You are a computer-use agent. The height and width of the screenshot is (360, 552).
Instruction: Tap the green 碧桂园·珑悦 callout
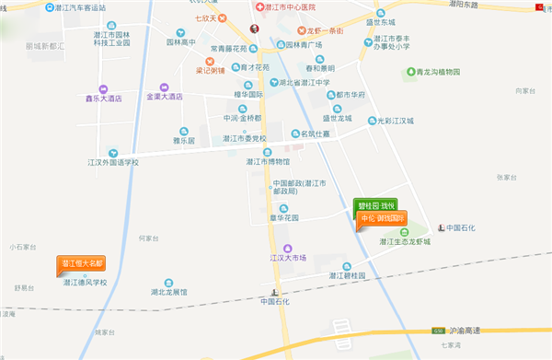pyautogui.click(x=376, y=205)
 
